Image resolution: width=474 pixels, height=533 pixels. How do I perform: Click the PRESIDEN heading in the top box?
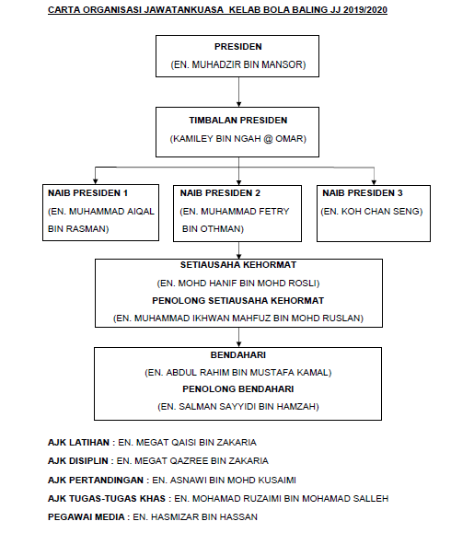tap(237, 47)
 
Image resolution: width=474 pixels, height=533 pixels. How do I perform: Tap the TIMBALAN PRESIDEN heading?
tap(237, 121)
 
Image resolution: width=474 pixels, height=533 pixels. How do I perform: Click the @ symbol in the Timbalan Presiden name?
tap(268, 139)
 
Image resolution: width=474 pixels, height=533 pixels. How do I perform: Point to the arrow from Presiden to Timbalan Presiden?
tap(239, 92)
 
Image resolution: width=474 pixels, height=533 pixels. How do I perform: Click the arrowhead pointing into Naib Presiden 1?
tap(96, 181)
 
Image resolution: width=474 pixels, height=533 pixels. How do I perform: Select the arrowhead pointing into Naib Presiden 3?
tap(374, 182)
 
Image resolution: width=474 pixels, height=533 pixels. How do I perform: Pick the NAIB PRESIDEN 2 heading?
tap(220, 193)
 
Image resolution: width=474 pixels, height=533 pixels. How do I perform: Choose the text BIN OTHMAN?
tap(212, 229)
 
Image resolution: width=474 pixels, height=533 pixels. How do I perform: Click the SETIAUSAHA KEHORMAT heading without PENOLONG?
tap(237, 265)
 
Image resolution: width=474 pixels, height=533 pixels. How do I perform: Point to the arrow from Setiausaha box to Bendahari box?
tap(239, 337)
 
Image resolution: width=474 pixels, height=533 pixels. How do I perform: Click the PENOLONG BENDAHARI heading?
tap(237, 388)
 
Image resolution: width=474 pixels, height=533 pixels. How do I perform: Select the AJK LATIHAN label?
tap(78, 443)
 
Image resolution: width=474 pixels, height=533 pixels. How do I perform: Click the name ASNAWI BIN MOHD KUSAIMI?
tap(233, 480)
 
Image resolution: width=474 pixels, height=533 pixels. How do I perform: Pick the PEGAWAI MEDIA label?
tap(86, 517)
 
